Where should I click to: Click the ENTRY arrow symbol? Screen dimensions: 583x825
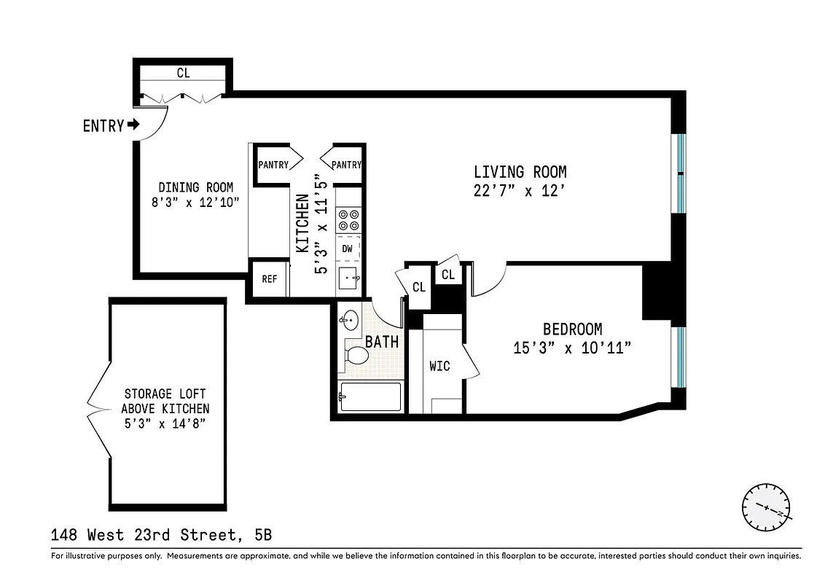133,125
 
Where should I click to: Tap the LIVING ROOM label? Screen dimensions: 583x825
520,172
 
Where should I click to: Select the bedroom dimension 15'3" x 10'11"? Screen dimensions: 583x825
571,348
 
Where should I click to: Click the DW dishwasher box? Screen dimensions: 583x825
348,249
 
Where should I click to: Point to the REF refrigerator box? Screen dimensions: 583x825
269,278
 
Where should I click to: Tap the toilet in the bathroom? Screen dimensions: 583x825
356,355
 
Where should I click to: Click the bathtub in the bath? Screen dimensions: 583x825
370,397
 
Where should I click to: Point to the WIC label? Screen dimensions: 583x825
439,366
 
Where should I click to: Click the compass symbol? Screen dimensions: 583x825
766,506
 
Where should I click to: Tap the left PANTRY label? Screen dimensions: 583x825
273,165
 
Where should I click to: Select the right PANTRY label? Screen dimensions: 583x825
346,165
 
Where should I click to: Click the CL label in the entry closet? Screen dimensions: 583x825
183,73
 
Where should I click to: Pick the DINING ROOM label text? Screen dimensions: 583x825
195,187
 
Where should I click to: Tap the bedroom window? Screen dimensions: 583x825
679,356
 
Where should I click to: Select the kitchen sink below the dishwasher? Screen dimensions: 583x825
348,277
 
